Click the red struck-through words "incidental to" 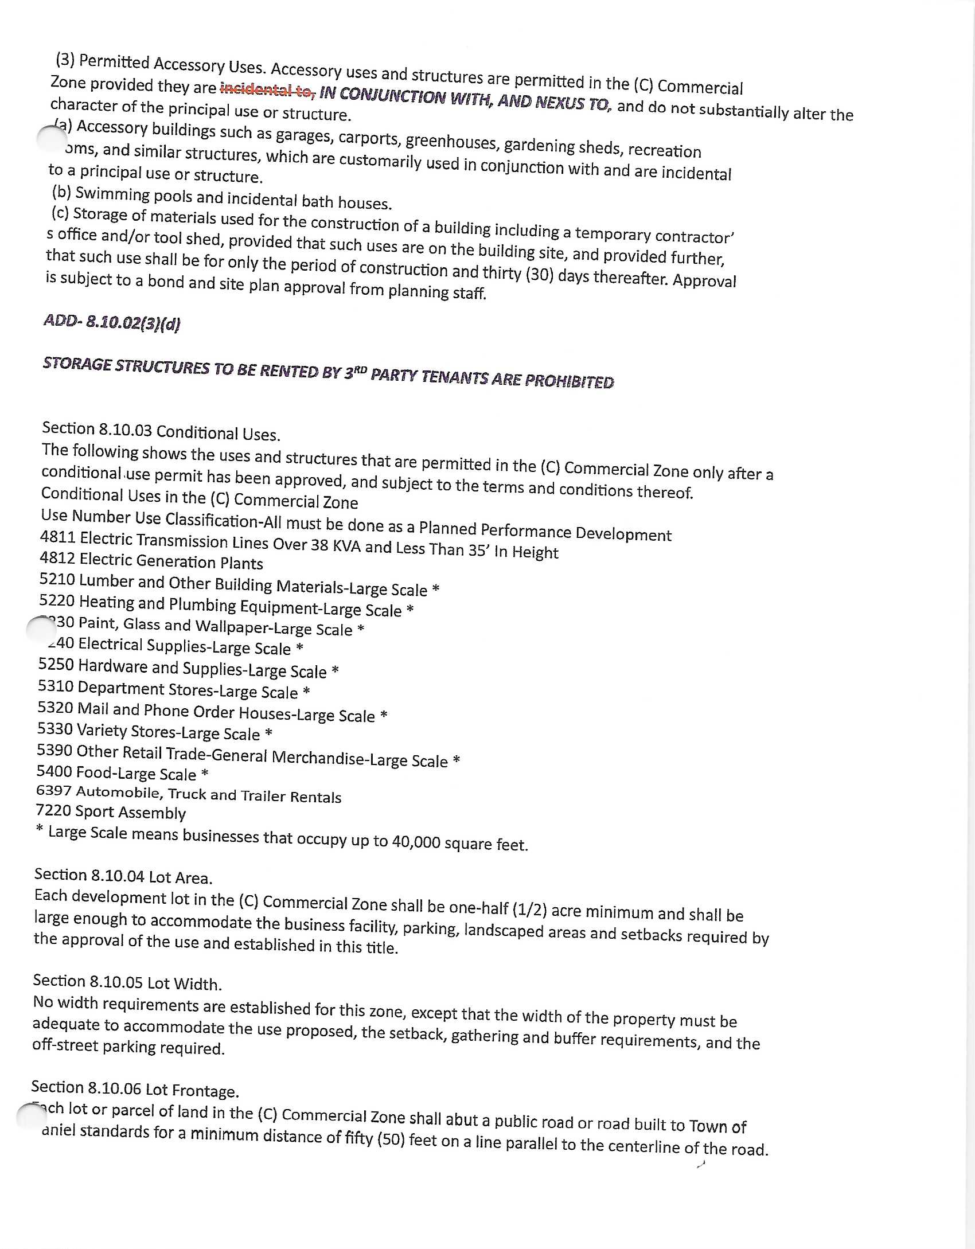click(267, 89)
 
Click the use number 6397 click(54, 791)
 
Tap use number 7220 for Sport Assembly click(53, 810)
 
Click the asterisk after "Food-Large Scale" click(205, 775)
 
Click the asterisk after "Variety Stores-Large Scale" click(268, 734)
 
